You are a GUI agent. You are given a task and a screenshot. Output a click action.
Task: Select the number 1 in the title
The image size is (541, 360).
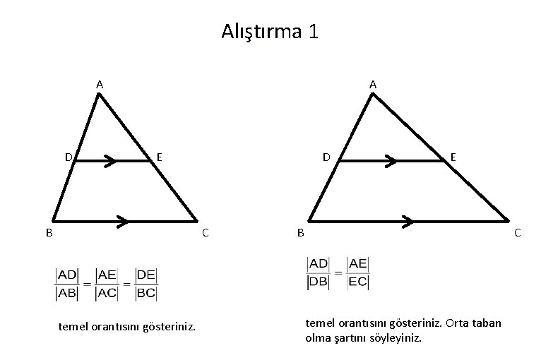point(313,32)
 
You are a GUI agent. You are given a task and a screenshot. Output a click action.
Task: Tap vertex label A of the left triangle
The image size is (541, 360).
point(100,85)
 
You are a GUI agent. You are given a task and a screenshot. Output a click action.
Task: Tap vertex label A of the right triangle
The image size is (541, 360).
point(373,85)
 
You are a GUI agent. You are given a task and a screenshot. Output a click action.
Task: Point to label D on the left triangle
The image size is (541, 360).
point(69,156)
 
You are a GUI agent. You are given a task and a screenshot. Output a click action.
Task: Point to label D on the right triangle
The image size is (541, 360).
point(326,156)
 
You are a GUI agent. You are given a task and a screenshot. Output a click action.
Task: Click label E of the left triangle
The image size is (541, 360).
point(160,156)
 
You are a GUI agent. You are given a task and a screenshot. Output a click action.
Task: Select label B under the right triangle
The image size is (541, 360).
point(301,232)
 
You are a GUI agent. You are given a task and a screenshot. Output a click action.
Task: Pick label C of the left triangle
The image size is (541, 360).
point(205,232)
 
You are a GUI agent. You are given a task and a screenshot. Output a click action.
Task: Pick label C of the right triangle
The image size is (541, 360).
point(518,232)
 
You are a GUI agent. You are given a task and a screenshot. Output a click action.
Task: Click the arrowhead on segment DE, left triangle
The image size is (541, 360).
point(109,162)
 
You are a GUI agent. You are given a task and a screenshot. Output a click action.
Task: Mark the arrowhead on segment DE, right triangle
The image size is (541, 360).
point(391,162)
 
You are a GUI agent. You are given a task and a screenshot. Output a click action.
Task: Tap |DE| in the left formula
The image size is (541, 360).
point(147,274)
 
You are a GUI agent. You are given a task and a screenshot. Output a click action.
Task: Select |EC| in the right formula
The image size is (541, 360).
point(358,281)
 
